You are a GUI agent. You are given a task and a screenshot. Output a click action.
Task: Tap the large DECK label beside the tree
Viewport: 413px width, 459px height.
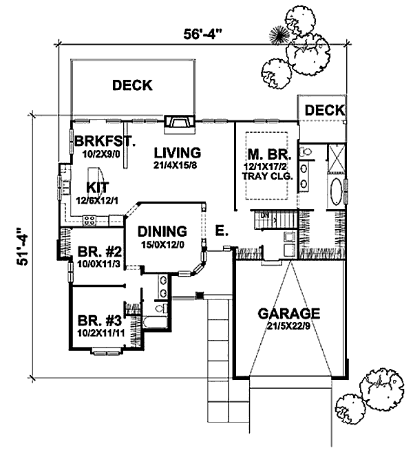point(133,85)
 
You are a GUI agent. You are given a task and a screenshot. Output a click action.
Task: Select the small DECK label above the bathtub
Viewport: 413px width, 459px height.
point(324,110)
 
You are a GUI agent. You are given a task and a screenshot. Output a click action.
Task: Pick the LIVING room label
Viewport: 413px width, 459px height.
point(177,153)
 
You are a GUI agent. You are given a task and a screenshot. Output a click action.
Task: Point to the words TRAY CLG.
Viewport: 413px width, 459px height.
point(268,176)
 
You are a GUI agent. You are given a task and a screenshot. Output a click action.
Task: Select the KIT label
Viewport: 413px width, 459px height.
point(97,187)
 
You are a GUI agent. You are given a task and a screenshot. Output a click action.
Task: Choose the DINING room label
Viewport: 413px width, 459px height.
point(162,232)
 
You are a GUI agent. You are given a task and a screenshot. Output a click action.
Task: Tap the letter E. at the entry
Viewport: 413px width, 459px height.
point(220,231)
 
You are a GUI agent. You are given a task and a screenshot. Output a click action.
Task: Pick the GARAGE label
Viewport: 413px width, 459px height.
point(289,313)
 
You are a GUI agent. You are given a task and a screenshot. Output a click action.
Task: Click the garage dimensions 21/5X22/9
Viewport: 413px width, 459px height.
point(289,326)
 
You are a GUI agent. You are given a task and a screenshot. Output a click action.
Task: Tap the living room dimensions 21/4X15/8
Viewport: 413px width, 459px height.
point(177,165)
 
